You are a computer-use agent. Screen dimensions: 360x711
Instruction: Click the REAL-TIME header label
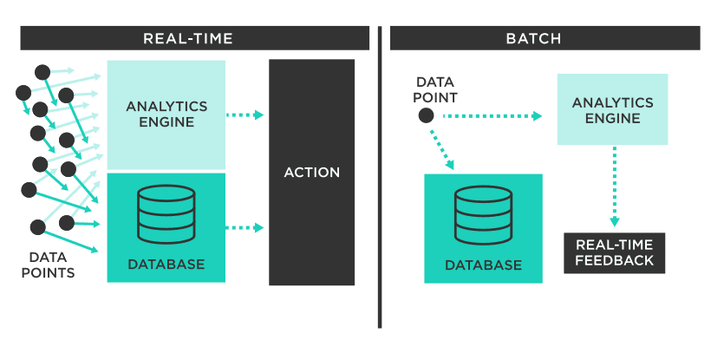click(x=188, y=38)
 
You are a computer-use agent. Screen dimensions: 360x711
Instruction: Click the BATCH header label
click(x=533, y=38)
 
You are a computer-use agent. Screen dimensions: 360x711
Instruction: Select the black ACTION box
click(x=312, y=173)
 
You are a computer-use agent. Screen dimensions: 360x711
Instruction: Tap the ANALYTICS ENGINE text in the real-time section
click(x=166, y=114)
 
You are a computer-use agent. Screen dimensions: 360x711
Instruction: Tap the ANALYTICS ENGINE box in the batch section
click(x=612, y=109)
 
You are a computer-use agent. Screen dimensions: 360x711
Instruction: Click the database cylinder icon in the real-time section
click(x=166, y=214)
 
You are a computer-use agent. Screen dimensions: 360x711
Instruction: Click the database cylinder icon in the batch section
click(x=483, y=215)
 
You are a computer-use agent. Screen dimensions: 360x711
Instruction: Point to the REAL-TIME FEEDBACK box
click(x=615, y=252)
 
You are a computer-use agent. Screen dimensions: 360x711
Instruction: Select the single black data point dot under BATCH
click(x=426, y=115)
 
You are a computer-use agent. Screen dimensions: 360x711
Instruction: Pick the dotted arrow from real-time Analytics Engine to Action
click(x=245, y=115)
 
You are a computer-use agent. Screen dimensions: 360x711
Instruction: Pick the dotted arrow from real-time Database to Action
click(x=245, y=228)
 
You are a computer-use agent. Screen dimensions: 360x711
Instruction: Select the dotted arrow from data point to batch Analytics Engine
click(x=492, y=115)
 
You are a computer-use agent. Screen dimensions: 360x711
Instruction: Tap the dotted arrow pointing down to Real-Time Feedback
click(x=615, y=187)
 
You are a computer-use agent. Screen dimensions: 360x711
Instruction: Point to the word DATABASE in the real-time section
click(x=166, y=264)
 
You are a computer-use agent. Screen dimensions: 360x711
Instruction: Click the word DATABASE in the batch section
click(x=483, y=265)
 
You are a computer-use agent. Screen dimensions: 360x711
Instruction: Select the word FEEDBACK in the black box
click(x=615, y=260)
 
